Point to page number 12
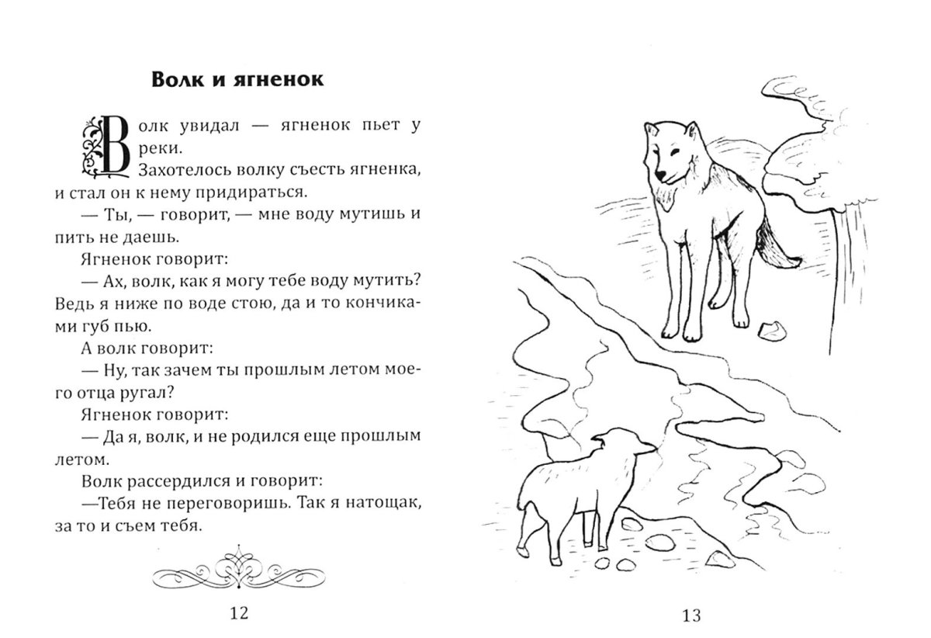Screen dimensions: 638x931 (239, 615)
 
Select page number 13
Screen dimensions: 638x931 (691, 616)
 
